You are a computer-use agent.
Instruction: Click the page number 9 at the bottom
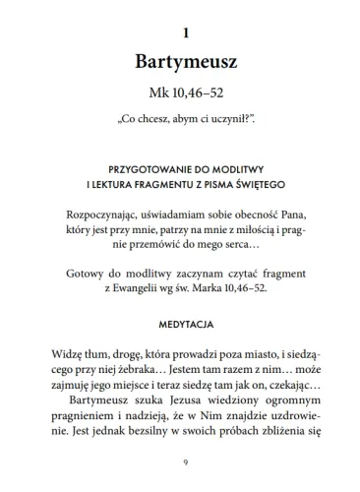pos(179,463)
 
